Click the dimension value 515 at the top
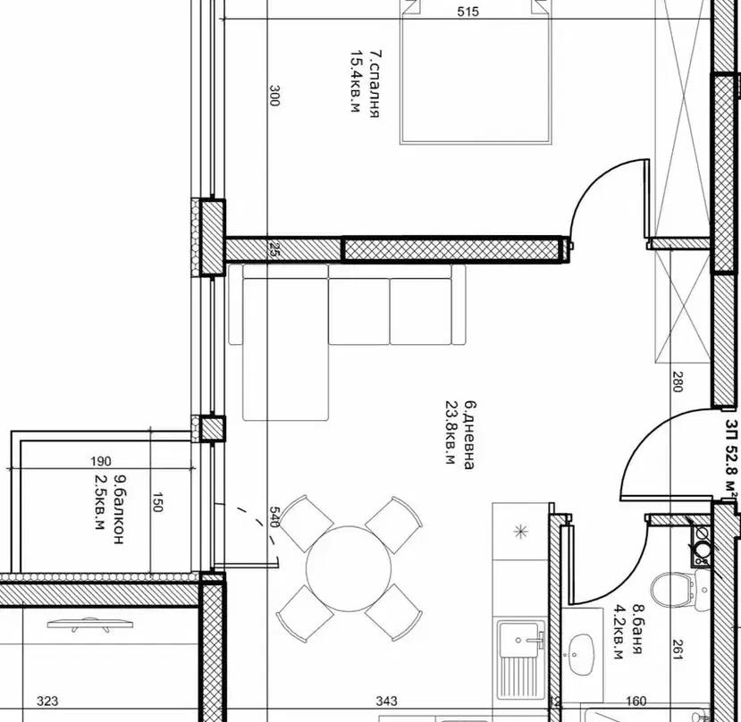467,12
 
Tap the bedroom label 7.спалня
374,84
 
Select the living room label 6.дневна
470,434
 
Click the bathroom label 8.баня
637,628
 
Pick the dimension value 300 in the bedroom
274,96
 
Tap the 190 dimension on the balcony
101,461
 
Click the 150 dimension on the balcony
157,502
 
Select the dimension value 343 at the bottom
386,701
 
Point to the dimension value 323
47,701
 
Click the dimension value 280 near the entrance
678,382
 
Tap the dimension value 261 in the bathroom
678,650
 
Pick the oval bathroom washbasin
581,654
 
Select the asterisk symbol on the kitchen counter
521,532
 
